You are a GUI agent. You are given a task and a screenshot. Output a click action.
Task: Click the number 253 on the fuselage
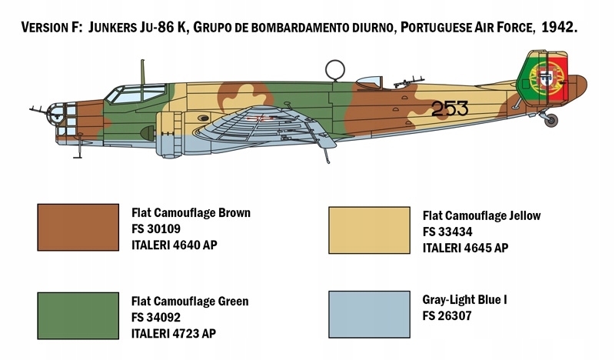coord(450,109)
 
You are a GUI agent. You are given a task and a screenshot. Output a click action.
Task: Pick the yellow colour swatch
coord(369,229)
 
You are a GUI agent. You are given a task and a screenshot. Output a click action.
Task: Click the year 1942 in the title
coord(559,27)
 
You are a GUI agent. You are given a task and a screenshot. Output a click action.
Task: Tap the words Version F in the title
coord(50,27)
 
